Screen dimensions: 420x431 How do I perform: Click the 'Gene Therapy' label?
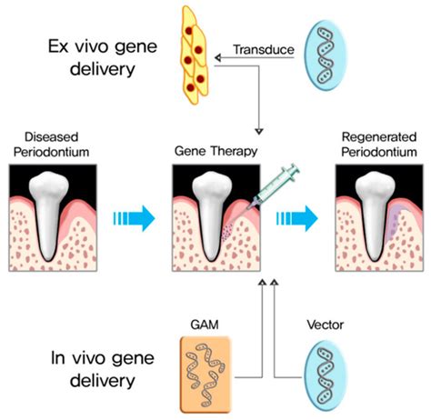(x=215, y=147)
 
